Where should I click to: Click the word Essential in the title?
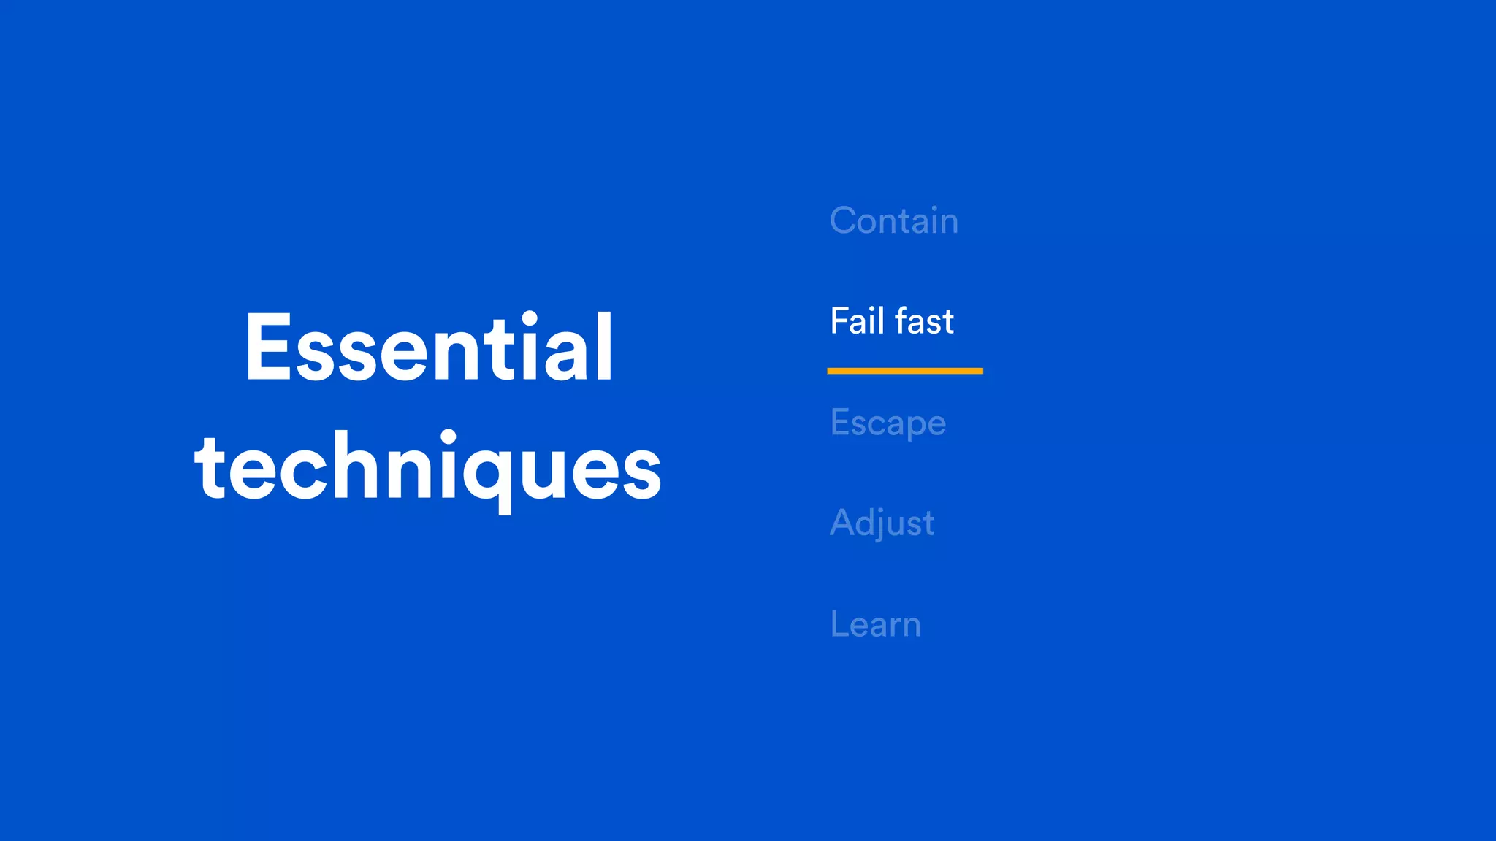point(429,347)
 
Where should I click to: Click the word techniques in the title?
point(428,467)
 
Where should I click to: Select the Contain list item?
point(893,220)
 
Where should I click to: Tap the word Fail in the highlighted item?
point(857,321)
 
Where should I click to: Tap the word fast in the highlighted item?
point(924,321)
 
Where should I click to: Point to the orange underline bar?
point(904,371)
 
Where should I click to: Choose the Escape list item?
point(888,423)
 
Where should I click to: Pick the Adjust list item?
point(882,523)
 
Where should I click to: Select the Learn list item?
point(875,624)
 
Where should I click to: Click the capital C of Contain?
point(846,220)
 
